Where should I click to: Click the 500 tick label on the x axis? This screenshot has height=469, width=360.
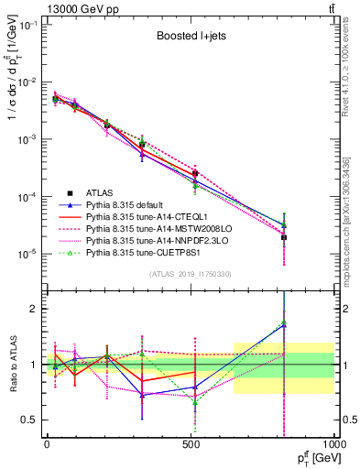click(x=191, y=444)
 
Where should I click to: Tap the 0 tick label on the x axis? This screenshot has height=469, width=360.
click(x=47, y=444)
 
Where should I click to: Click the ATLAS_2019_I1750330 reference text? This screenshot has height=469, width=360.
click(x=191, y=274)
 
